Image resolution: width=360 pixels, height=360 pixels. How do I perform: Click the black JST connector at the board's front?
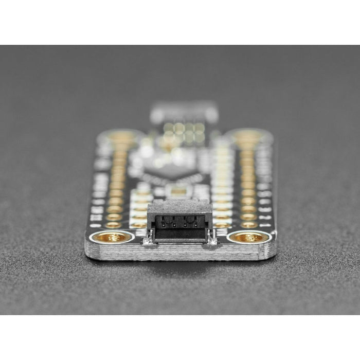coord(179,222)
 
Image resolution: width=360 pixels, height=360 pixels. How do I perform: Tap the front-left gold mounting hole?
coord(113,237)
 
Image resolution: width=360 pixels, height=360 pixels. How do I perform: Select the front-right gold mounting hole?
coord(248,237)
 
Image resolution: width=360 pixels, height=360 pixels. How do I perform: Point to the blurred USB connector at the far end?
coord(184,112)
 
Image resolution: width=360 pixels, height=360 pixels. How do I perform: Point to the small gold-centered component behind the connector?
coord(178,192)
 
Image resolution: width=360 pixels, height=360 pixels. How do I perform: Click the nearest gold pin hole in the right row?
coord(249,224)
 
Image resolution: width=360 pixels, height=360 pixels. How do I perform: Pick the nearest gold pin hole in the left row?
coord(114,224)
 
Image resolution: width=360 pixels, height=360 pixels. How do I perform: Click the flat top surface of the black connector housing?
coord(179,207)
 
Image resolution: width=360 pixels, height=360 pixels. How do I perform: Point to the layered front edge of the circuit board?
coord(180,252)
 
